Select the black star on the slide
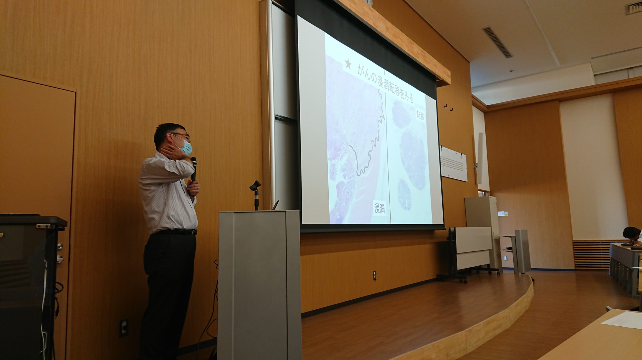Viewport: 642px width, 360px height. point(348,64)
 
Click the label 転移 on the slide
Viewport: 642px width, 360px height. point(420,115)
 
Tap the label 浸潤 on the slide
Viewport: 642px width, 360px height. point(380,208)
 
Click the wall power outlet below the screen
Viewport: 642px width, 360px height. point(374,275)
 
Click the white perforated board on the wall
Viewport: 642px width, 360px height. point(454,163)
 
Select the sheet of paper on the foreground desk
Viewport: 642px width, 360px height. point(623,320)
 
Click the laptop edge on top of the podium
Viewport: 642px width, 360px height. point(275,205)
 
